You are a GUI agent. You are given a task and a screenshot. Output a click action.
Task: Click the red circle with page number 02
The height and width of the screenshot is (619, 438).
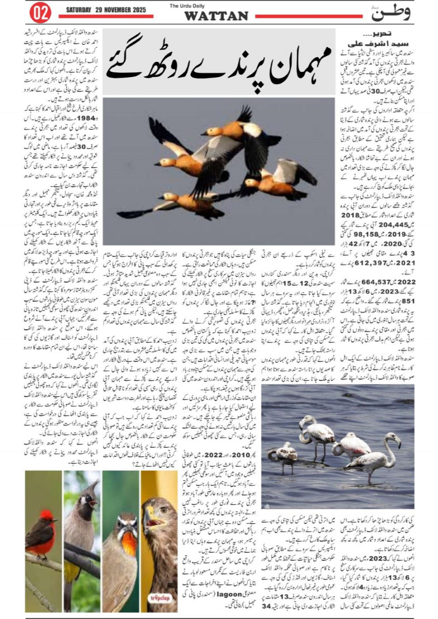[x=40, y=13]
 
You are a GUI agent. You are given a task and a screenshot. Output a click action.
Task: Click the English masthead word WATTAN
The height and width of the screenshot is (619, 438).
[x=216, y=17]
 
